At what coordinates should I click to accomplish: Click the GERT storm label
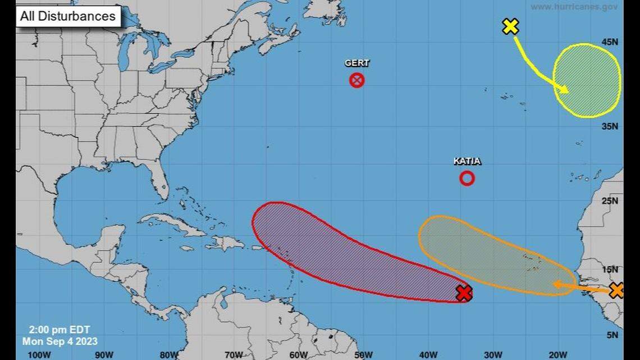pyautogui.click(x=357, y=63)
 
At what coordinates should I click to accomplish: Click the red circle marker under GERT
pyautogui.click(x=357, y=80)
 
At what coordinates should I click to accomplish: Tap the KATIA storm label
pyautogui.click(x=467, y=162)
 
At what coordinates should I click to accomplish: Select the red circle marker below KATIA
pyautogui.click(x=467, y=178)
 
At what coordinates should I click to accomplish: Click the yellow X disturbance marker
pyautogui.click(x=510, y=26)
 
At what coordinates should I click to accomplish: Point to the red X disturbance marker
pyautogui.click(x=464, y=293)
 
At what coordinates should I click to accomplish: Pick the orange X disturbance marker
pyautogui.click(x=616, y=290)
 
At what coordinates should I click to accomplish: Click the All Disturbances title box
pyautogui.click(x=68, y=16)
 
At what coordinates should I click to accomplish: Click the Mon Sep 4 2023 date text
pyautogui.click(x=60, y=341)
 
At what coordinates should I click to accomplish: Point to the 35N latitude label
pyautogui.click(x=610, y=127)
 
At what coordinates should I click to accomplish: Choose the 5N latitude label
pyautogui.click(x=612, y=335)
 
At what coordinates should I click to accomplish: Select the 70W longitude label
pyautogui.click(x=234, y=354)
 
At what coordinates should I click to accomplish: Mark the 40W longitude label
pyautogui.click(x=428, y=354)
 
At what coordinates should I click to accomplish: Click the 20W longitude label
pyautogui.click(x=557, y=354)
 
